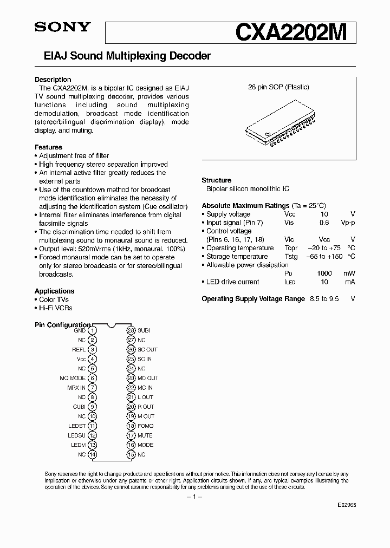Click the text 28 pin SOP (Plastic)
(x=278, y=87)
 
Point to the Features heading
(x=48, y=147)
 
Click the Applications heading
(x=54, y=291)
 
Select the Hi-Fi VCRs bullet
(x=54, y=308)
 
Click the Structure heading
(x=216, y=180)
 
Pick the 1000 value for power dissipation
(x=324, y=273)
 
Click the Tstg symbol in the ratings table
(x=291, y=257)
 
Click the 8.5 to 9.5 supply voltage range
(x=324, y=299)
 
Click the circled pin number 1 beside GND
(x=93, y=330)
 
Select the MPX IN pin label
(x=76, y=388)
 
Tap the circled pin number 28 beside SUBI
(x=131, y=330)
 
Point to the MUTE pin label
(x=145, y=435)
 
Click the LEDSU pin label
(x=76, y=435)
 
